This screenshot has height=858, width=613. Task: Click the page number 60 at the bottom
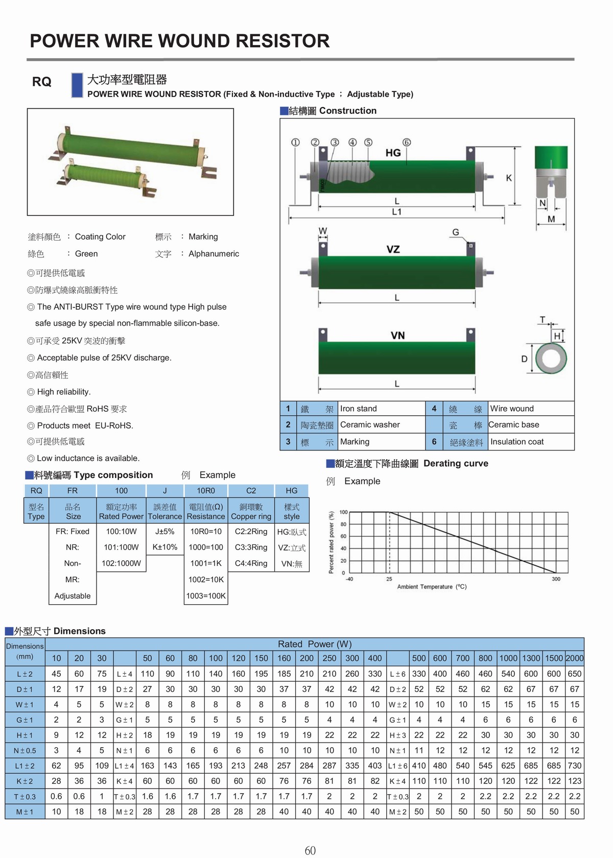(310, 850)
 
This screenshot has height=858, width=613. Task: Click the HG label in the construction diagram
(393, 153)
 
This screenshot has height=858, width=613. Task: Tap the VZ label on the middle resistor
(393, 249)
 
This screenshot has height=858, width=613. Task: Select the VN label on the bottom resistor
(397, 336)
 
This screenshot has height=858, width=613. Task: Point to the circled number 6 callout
(407, 142)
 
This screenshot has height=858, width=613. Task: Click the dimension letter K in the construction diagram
(509, 178)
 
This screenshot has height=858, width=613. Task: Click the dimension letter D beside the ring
(524, 359)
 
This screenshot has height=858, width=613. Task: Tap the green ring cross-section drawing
(551, 359)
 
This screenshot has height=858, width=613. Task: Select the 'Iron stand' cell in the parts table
(359, 409)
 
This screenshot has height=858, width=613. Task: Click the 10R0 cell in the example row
(206, 491)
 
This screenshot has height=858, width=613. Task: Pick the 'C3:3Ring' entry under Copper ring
(251, 547)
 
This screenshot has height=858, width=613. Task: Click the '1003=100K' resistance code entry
(206, 596)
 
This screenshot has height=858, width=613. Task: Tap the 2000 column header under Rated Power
(575, 658)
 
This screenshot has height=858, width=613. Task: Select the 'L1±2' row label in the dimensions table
(25, 766)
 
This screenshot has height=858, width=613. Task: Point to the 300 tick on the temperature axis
(556, 579)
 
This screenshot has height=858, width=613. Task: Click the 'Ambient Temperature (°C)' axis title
(432, 587)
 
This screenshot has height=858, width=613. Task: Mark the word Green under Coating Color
(86, 254)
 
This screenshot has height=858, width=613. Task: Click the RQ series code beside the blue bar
(42, 82)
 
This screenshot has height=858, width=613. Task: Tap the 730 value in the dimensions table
(575, 766)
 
